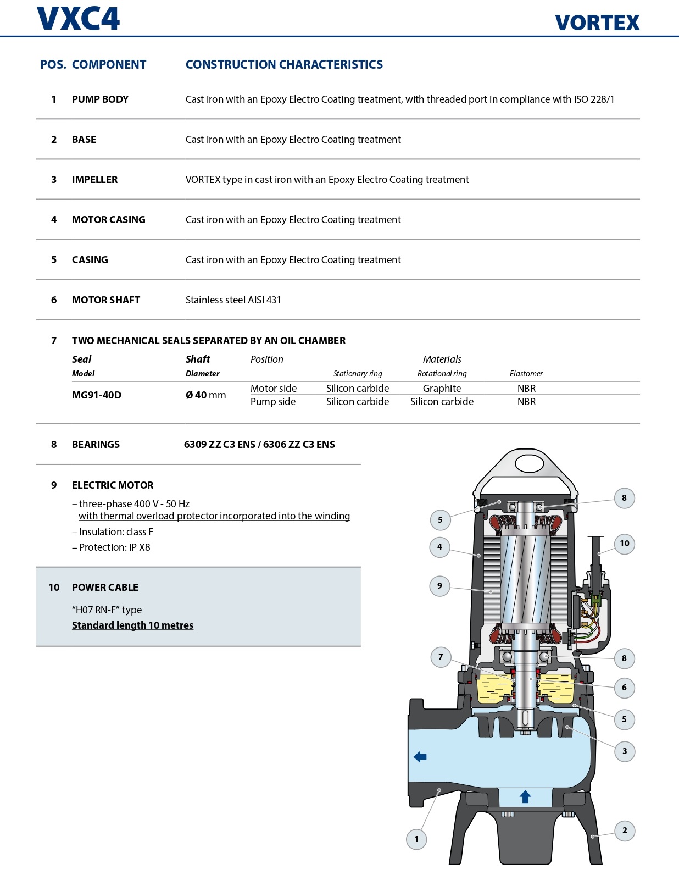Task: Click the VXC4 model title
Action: coord(78,19)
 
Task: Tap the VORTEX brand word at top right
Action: coord(597,23)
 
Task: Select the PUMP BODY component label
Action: coord(100,99)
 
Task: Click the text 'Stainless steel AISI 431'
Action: coord(233,300)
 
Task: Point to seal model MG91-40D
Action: coord(97,395)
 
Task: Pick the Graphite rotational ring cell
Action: coord(442,389)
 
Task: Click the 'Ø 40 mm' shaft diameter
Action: coord(205,395)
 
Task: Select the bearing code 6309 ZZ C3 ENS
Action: coord(219,445)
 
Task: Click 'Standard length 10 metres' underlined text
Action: coord(132,625)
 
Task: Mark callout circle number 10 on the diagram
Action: coord(625,544)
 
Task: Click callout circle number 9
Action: coord(439,586)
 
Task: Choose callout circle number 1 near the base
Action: coord(416,839)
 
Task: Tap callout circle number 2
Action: coord(625,830)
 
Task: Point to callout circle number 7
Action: coord(441,657)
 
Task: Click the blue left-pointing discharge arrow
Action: coord(420,757)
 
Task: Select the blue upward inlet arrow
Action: coord(525,796)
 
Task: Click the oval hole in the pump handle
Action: coord(529,464)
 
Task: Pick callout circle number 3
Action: coord(625,751)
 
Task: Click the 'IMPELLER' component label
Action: coord(94,180)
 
